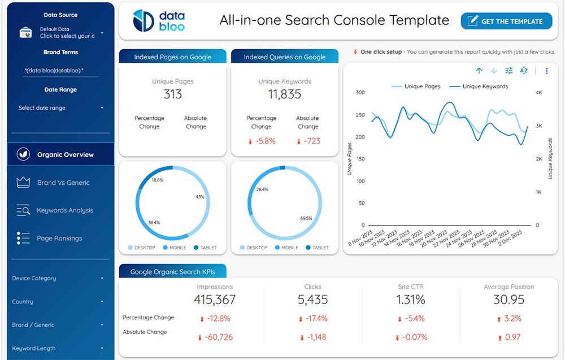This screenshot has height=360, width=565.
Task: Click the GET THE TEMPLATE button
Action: (506, 21)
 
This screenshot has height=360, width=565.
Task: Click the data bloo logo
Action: (159, 21)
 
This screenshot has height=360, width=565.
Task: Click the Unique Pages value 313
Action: (172, 94)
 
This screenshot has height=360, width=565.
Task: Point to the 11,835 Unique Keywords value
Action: (284, 94)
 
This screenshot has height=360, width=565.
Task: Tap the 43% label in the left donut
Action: (199, 197)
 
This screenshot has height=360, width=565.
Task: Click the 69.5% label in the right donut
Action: (306, 218)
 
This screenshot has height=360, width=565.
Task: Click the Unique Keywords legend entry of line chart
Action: (485, 86)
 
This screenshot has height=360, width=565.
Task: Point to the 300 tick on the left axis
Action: (360, 93)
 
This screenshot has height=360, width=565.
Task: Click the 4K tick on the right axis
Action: (539, 93)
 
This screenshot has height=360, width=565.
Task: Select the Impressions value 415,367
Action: (215, 300)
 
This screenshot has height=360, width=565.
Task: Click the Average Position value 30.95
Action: (508, 300)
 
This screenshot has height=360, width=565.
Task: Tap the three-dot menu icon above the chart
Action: (546, 71)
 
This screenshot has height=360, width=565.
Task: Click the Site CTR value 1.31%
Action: (411, 300)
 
